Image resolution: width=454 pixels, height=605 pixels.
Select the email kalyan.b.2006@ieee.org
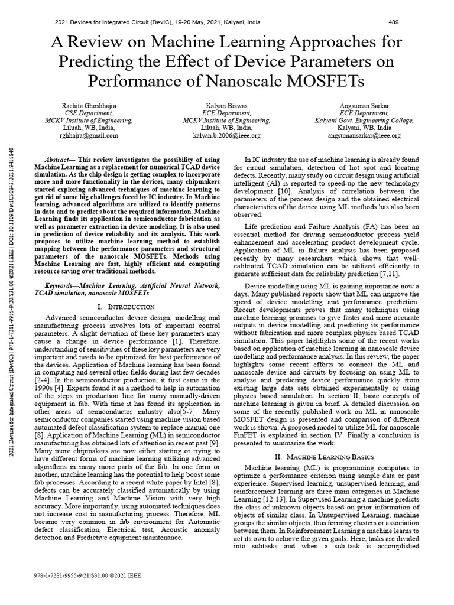tap(226, 135)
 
